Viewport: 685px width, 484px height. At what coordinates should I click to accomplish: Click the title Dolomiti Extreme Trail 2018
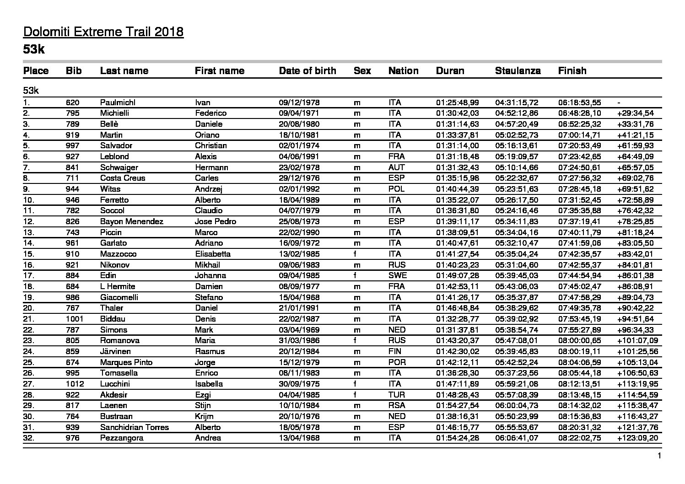coord(103,32)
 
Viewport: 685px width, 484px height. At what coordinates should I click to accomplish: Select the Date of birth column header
coord(307,71)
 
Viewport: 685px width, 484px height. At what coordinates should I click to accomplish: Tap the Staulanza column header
coord(518,71)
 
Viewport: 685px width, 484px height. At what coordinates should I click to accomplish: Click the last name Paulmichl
coord(118,102)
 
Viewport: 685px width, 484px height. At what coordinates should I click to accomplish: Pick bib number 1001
coord(74,319)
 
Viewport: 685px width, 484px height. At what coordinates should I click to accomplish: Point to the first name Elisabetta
coord(212,254)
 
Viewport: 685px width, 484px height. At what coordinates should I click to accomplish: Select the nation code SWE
coord(397,275)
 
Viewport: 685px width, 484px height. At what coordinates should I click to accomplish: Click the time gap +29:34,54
coord(635,113)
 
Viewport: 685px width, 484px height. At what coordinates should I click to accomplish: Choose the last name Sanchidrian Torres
coord(135,427)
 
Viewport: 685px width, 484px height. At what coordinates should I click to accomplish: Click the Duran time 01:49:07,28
coord(457,275)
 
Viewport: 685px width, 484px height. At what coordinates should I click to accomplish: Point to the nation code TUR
coord(397,395)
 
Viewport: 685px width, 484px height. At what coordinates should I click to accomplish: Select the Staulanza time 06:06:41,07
coord(517,438)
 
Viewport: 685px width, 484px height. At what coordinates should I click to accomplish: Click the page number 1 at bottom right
coord(659,456)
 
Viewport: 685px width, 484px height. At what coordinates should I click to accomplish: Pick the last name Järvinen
coord(115,351)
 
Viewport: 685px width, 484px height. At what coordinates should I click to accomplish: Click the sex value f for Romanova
coord(356,340)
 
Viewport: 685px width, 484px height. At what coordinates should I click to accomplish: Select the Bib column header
coord(74,71)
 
